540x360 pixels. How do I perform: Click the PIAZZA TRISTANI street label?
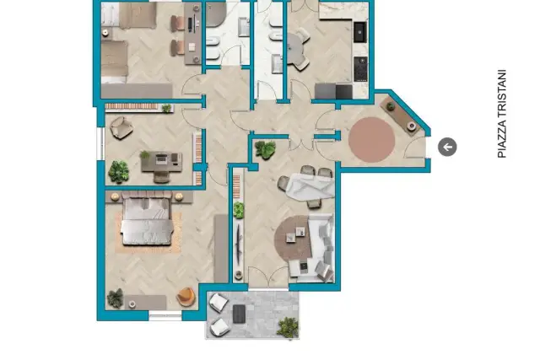(x=502, y=114)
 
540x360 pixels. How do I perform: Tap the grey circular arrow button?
(x=447, y=147)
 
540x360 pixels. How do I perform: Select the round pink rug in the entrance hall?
(x=371, y=139)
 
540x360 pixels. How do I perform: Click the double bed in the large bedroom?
(x=147, y=218)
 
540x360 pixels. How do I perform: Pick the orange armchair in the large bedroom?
(x=186, y=296)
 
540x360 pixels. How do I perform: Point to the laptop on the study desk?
(x=161, y=159)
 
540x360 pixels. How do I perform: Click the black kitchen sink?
(x=360, y=32)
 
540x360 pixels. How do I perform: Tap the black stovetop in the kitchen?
(x=360, y=69)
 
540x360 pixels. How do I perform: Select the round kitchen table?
(x=294, y=49)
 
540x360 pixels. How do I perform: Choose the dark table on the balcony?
(x=239, y=314)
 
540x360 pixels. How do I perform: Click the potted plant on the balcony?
(x=288, y=327)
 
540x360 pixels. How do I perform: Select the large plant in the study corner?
(x=118, y=171)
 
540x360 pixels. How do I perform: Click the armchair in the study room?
(x=121, y=127)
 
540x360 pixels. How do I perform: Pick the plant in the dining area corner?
(x=265, y=149)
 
